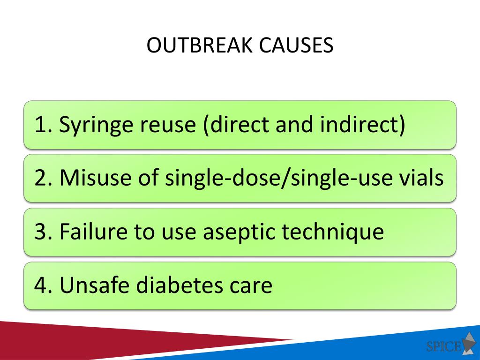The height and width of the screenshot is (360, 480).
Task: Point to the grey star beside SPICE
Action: pyautogui.click(x=469, y=343)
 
